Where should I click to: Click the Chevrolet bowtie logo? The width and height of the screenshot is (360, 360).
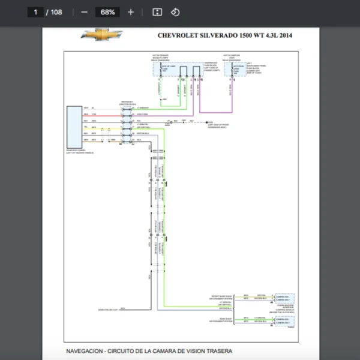101,35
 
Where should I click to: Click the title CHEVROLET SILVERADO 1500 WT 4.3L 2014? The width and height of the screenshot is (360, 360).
225,35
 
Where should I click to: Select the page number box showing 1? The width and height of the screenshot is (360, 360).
36,12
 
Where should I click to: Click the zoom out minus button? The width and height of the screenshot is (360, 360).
84,12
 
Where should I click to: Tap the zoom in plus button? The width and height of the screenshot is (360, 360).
131,12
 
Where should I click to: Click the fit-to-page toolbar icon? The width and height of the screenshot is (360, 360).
157,12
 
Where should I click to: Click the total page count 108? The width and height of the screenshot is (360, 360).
56,12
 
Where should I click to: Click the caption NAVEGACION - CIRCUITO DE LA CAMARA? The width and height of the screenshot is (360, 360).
149,351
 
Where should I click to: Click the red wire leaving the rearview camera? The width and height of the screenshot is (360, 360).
108,114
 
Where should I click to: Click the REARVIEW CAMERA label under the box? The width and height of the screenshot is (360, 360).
79,151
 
